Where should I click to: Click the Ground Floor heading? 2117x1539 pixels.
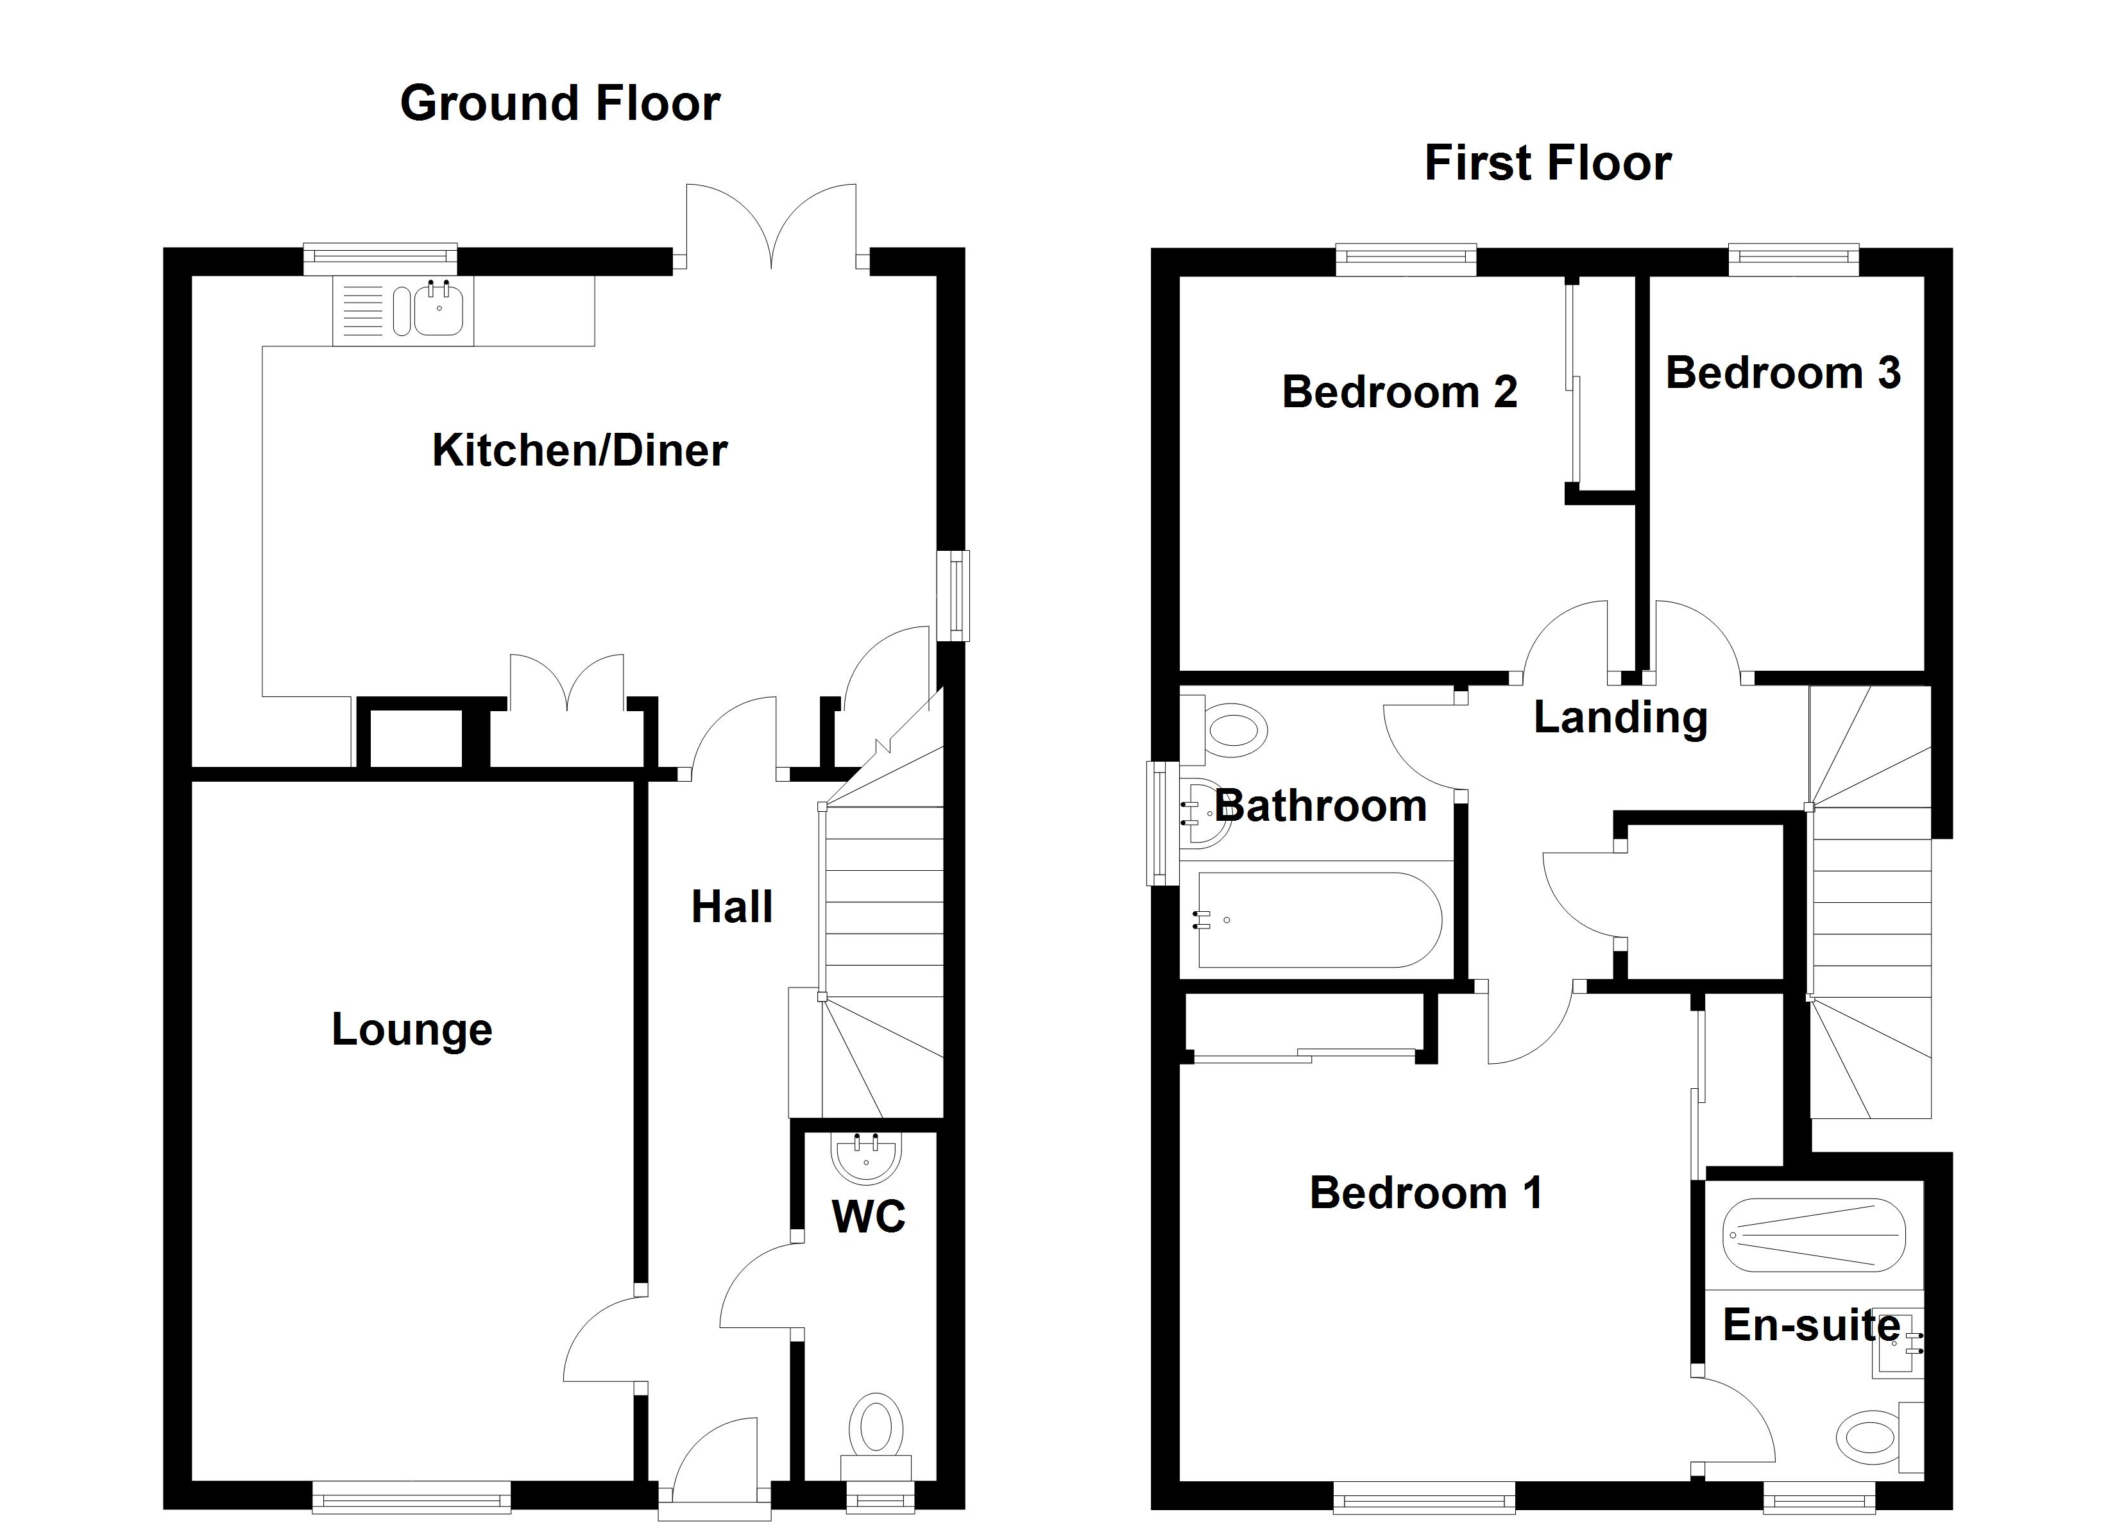click(x=559, y=104)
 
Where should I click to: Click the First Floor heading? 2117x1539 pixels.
click(x=1547, y=164)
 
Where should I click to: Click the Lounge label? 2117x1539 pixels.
click(x=412, y=1029)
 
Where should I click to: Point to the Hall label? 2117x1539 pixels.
click(x=732, y=907)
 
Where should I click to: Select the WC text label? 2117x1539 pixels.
click(x=868, y=1216)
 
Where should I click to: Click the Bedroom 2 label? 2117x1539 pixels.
click(x=1399, y=392)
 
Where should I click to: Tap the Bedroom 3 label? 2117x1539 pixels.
click(x=1782, y=373)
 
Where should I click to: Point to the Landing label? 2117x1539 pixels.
click(x=1620, y=718)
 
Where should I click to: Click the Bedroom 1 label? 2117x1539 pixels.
click(x=1425, y=1193)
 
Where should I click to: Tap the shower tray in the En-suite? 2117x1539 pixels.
click(x=1812, y=1236)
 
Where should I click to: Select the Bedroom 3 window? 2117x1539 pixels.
click(x=1793, y=260)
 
